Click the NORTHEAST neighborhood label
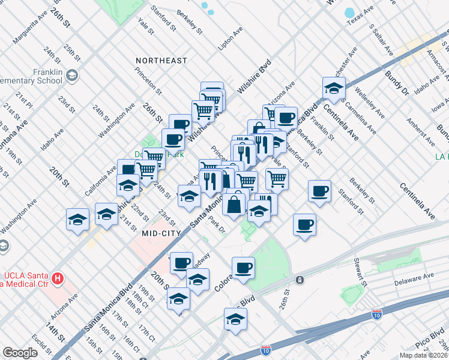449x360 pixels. pos(161,61)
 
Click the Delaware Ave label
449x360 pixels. pos(414,280)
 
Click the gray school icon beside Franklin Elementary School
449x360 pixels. pos(72,76)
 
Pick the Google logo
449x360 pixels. pos(20,353)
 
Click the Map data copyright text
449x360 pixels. pos(424,355)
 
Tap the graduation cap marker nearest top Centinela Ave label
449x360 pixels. pos(334,88)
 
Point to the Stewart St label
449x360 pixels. pos(360,272)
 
